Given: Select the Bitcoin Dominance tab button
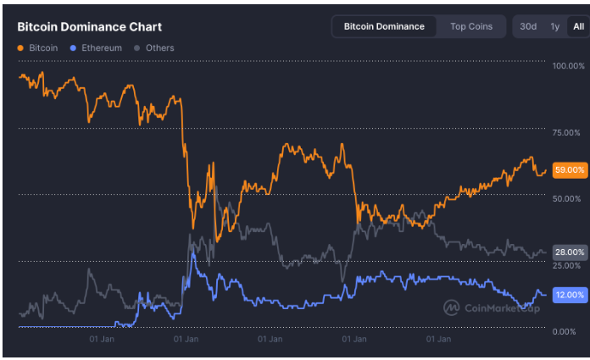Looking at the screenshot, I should (384, 26).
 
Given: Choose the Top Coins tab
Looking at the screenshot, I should (471, 26).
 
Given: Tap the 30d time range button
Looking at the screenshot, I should (528, 26).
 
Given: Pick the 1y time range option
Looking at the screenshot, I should (554, 26).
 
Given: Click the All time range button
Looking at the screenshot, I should (578, 26).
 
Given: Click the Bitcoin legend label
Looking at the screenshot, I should (42, 48).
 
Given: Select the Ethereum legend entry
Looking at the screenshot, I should (102, 48).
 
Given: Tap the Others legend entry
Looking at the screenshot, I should (159, 48).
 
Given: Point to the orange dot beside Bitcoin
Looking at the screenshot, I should (20, 48).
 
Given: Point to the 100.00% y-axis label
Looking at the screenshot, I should (567, 66).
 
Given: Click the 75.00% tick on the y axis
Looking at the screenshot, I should (566, 132).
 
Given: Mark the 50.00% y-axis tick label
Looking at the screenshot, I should (566, 198).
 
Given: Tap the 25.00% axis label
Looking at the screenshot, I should (566, 265).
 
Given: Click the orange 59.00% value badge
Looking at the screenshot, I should (569, 170).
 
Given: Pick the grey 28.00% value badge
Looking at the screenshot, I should (569, 252).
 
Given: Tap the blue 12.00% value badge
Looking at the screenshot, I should (569, 295).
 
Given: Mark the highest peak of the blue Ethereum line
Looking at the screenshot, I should (194, 252).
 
